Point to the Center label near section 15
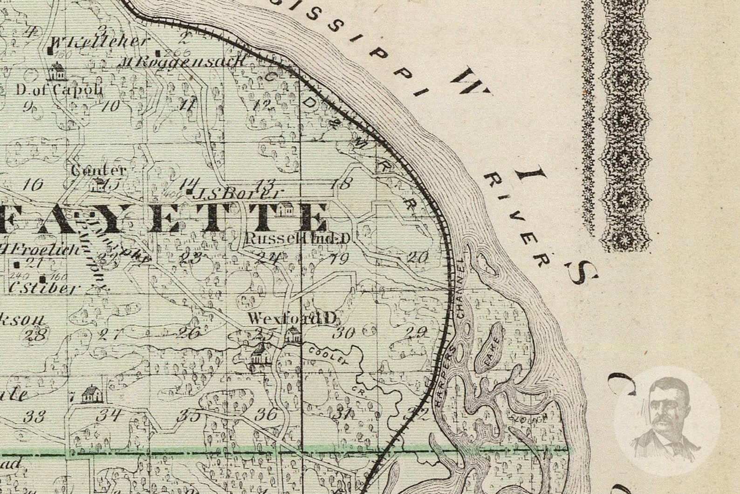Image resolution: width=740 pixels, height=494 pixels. [x=98, y=170]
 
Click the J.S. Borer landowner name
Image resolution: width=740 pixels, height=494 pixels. [x=239, y=193]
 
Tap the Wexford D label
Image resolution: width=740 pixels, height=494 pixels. [x=292, y=319]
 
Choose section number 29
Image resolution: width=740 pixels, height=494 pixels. [x=416, y=332]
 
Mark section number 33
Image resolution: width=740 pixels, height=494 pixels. [x=34, y=416]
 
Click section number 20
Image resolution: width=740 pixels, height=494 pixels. [x=417, y=257]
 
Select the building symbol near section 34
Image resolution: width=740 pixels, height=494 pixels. [x=91, y=395]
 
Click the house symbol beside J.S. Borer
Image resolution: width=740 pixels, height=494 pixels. [x=286, y=209]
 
